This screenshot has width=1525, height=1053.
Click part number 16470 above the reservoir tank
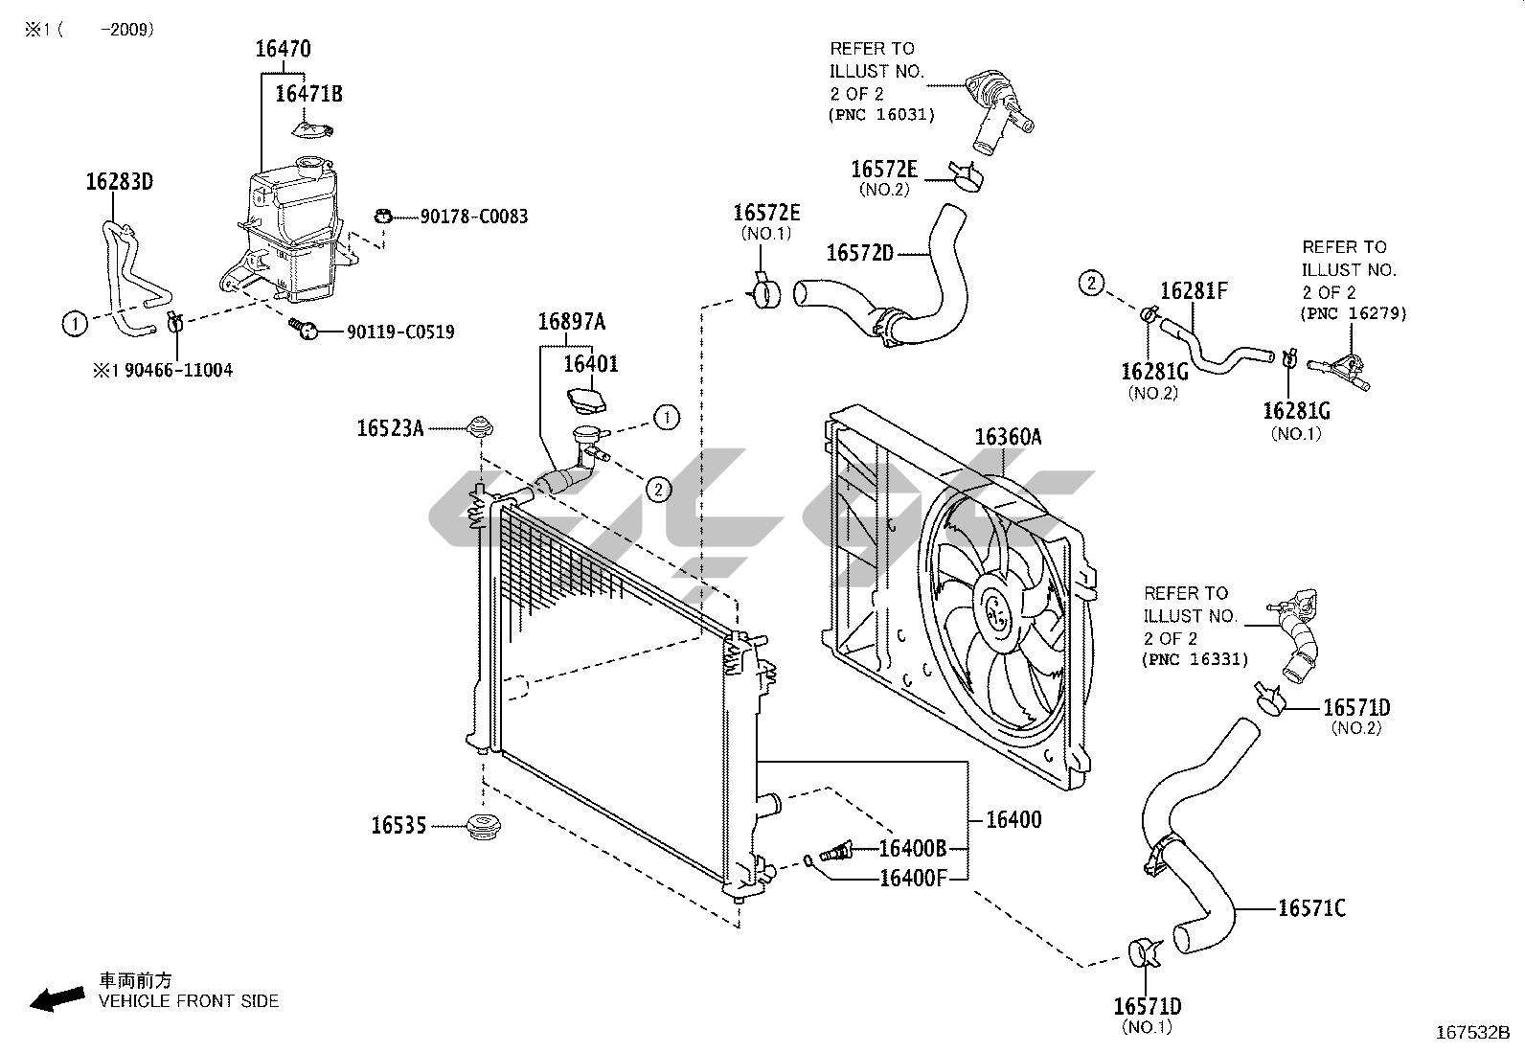coord(284,49)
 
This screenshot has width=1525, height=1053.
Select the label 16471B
coord(309,94)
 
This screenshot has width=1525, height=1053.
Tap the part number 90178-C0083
coord(474,217)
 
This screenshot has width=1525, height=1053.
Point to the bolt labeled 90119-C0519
coord(303,330)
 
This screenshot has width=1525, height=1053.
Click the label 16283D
coord(120,182)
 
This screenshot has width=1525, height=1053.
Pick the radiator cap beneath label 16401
coord(586,400)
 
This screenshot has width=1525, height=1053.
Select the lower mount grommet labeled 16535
coord(484,826)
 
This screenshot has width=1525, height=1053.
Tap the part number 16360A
coord(1009,437)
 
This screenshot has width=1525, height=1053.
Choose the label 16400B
coord(913,849)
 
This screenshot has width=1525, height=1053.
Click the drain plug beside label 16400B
coord(835,852)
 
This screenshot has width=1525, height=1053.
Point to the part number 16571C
coord(1312,908)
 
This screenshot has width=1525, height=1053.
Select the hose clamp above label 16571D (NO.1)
coord(1146,953)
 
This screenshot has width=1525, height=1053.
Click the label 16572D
coord(860,253)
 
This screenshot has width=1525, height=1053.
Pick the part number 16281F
coord(1195,291)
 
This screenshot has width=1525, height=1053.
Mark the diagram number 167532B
coord(1472,1033)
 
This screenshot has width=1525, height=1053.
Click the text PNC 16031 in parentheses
coord(881,114)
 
